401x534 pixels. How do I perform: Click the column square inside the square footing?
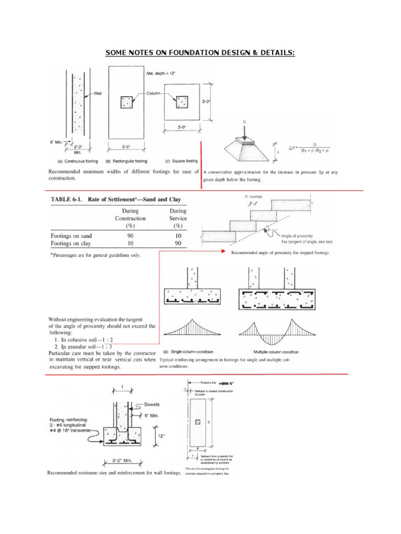(181, 102)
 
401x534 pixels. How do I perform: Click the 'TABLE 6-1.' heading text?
(68, 199)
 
